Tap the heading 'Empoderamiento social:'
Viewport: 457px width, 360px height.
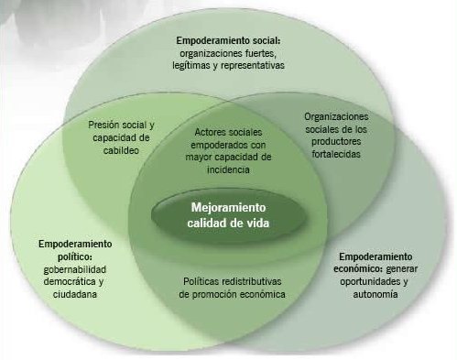(x=229, y=41)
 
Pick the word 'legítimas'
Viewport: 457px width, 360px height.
(x=195, y=66)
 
